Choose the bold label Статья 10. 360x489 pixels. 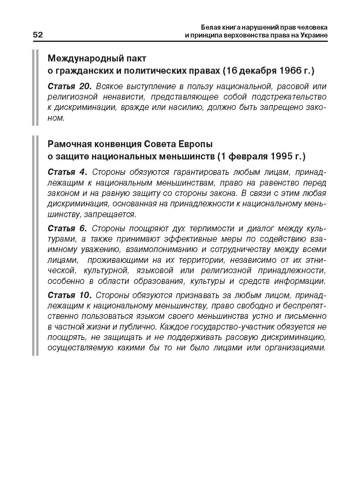69,295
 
